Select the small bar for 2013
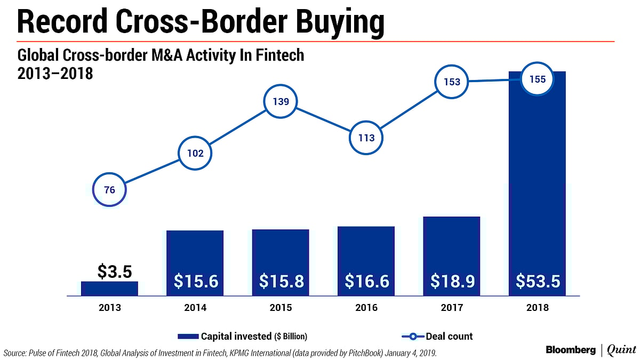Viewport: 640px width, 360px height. tap(109, 289)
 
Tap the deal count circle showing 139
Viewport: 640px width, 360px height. tap(281, 101)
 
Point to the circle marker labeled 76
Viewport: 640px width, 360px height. tap(109, 189)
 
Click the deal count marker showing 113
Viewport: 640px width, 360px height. tap(366, 138)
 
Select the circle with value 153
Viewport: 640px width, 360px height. tap(452, 82)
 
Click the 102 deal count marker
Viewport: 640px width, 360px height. tap(195, 154)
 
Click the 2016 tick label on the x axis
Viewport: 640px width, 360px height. tap(366, 308)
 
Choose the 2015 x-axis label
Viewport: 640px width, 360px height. tap(281, 308)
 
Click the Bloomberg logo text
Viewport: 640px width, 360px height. tap(571, 349)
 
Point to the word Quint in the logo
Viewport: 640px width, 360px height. tap(621, 350)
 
